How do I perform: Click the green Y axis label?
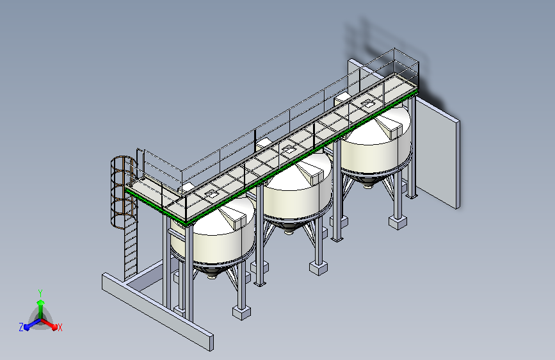point(40,293)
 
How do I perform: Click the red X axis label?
point(60,327)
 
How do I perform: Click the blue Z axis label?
point(21,327)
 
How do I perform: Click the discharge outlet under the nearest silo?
point(212,275)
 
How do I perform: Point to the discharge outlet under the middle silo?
point(289,231)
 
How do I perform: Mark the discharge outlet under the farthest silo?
point(368,184)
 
